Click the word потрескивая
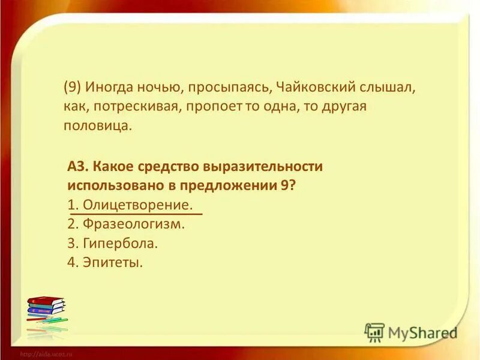pyautogui.click(x=125, y=106)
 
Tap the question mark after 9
pyautogui.click(x=292, y=186)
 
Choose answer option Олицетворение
pyautogui.click(x=138, y=205)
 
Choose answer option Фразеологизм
pyautogui.click(x=133, y=224)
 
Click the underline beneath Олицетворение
pyautogui.click(x=137, y=214)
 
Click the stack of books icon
pyautogui.click(x=47, y=313)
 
